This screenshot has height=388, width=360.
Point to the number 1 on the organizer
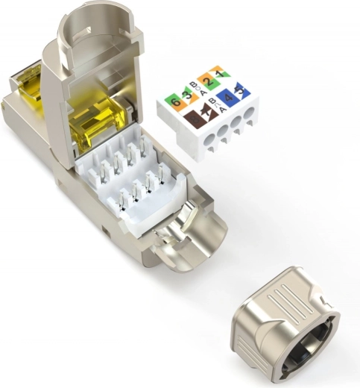pos(219,73)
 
